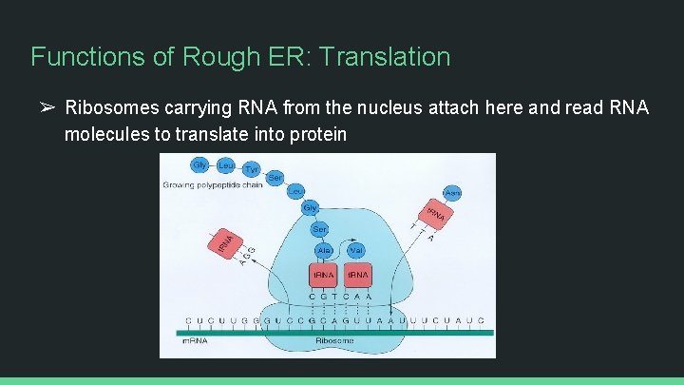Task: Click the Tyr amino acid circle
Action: (252, 169)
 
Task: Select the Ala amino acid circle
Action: (323, 250)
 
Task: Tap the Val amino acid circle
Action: (357, 250)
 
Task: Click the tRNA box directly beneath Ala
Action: (323, 275)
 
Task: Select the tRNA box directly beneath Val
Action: (357, 275)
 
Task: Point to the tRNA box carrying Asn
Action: (436, 216)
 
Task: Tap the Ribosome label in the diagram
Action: (334, 340)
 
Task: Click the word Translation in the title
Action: (386, 57)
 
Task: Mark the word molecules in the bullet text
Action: (105, 134)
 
